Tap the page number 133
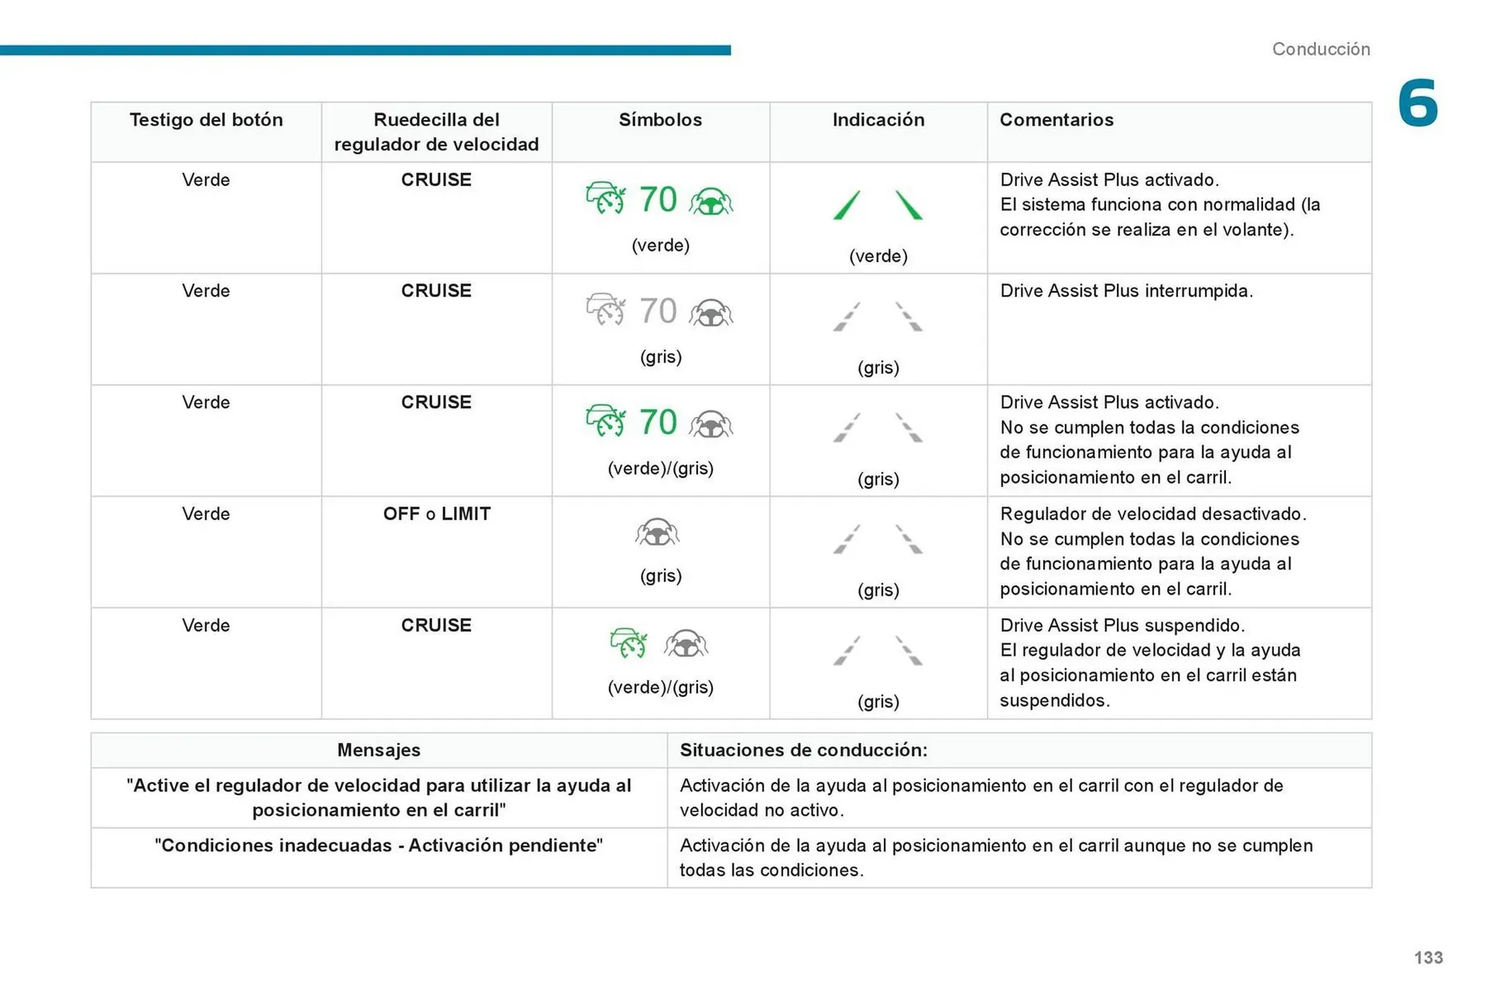(1428, 957)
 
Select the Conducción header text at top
(1320, 49)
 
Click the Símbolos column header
(660, 120)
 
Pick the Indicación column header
(878, 120)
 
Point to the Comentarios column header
(1056, 120)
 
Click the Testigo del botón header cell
(206, 120)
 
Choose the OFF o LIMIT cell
(437, 513)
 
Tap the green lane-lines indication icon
(878, 205)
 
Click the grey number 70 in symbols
(658, 311)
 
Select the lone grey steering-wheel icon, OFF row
(657, 533)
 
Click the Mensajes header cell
(378, 750)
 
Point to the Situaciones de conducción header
(803, 750)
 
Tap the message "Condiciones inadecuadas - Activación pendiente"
(378, 845)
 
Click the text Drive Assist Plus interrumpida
(1126, 291)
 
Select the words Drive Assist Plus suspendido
(1121, 625)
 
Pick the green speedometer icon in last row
(628, 644)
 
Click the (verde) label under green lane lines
(878, 256)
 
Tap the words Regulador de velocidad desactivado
(1152, 514)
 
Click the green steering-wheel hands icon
(710, 201)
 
